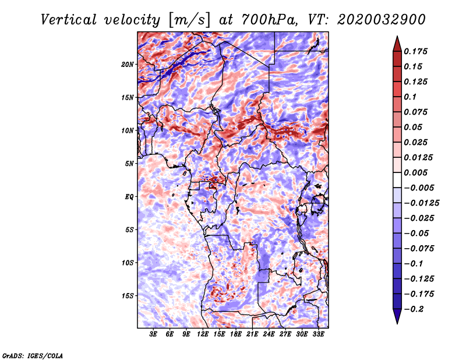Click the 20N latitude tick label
[x=128, y=64]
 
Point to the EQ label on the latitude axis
[x=129, y=197]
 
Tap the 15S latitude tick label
[x=128, y=296]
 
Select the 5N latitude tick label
[x=129, y=164]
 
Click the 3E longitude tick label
[x=153, y=334]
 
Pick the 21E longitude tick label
[x=252, y=334]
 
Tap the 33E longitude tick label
[x=318, y=334]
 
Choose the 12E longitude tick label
[x=203, y=334]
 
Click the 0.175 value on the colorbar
[x=416, y=51]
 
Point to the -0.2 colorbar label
[x=414, y=309]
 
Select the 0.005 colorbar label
[x=416, y=172]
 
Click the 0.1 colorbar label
[x=410, y=97]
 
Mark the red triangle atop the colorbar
[x=397, y=44]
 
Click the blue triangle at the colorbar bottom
[x=397, y=316]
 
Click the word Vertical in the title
[x=69, y=20]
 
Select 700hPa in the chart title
[x=269, y=20]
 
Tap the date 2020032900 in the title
[x=382, y=20]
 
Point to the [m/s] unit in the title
[x=189, y=20]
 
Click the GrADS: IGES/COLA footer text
[x=33, y=355]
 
